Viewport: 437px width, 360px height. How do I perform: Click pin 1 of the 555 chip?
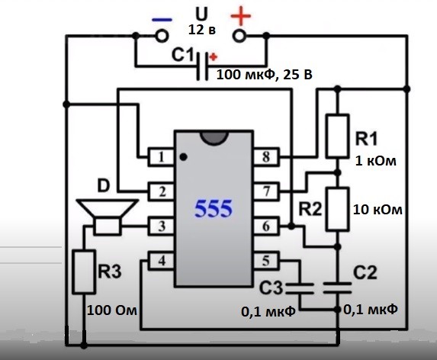tap(161, 157)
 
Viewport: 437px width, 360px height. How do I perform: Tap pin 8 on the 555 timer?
tap(266, 157)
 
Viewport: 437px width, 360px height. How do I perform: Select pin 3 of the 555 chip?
tap(161, 226)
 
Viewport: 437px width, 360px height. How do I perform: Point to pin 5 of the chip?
tap(266, 261)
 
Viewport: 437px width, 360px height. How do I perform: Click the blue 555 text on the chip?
tap(214, 208)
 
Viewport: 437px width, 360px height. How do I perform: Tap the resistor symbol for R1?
tap(338, 136)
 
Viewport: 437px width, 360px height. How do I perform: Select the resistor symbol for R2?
tap(338, 209)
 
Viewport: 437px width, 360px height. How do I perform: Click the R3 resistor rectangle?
tap(83, 272)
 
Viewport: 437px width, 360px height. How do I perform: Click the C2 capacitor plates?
tap(338, 288)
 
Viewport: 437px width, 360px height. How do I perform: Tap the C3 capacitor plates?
tap(300, 288)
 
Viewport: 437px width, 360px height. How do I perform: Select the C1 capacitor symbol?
tap(202, 66)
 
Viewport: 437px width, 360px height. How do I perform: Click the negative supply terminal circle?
tap(162, 36)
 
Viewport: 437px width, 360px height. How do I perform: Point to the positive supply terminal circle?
tap(239, 36)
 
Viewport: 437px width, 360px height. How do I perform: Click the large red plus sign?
tap(241, 17)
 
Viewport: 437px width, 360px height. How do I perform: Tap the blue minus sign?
tap(162, 20)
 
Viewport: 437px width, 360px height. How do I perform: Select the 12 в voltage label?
tap(202, 30)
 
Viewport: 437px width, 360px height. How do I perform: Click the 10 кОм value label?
tap(378, 210)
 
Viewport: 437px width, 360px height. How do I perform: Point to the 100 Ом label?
tap(112, 310)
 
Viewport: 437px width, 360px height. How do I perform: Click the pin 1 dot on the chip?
tap(183, 157)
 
